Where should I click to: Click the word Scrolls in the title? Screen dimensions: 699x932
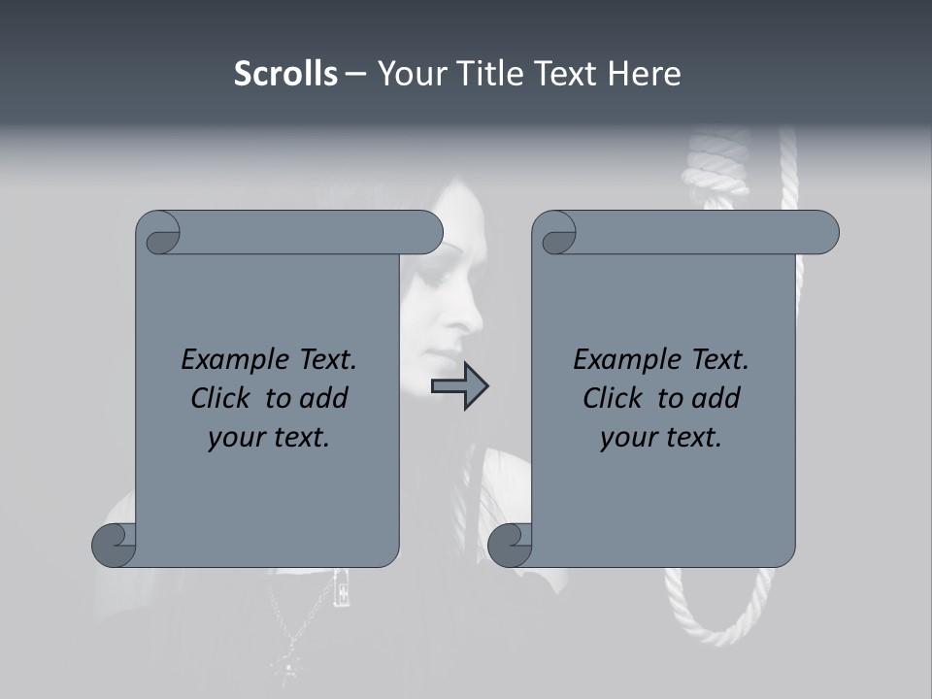[x=285, y=74]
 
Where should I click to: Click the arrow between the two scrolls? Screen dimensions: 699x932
[x=459, y=386]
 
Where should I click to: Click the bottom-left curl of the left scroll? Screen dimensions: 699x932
[x=115, y=545]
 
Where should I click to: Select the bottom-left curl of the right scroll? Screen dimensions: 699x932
[x=510, y=545]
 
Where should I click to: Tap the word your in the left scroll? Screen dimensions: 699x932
[x=236, y=438]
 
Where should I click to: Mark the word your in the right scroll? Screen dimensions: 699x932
[x=628, y=438]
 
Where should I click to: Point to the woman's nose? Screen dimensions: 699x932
[x=474, y=316]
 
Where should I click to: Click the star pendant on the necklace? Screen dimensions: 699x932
[x=288, y=669]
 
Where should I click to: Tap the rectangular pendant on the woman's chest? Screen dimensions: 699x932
[x=341, y=586]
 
